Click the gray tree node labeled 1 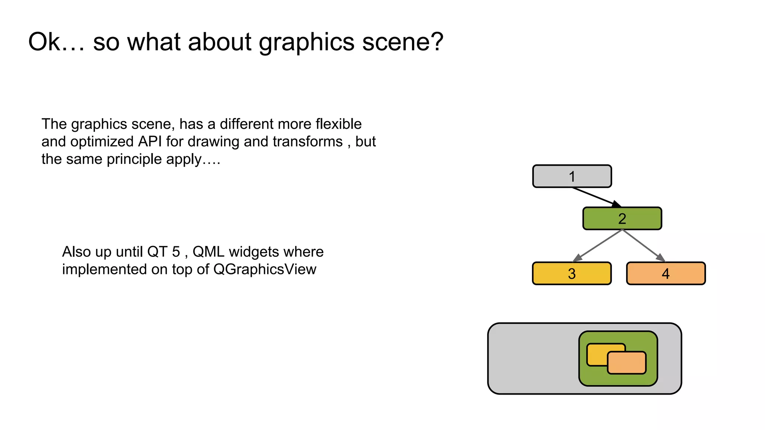point(572,176)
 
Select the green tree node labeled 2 point(622,218)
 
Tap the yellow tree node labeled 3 point(572,274)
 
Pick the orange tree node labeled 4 point(666,274)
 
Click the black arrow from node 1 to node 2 point(596,197)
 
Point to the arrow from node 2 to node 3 point(597,246)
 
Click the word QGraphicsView point(265,269)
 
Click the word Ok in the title point(44,41)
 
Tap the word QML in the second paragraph point(208,252)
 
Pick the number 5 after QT point(176,252)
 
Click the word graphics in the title point(306,41)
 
